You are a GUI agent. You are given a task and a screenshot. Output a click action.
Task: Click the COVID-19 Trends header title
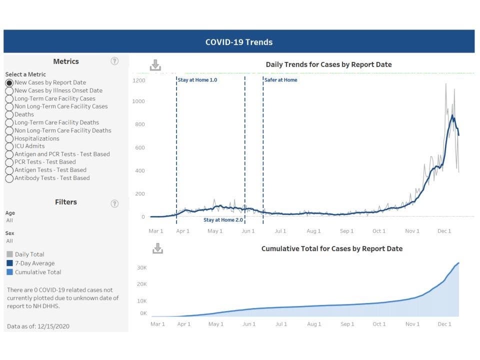coord(239,42)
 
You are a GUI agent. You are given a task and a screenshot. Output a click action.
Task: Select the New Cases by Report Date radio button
coord(9,82)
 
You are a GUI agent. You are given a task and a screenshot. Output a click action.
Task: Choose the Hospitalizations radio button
coord(9,138)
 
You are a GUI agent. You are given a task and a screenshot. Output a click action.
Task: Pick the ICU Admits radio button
coord(9,146)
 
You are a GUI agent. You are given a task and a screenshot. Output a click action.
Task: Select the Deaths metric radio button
coord(9,114)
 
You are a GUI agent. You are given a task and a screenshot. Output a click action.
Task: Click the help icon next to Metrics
coord(114,61)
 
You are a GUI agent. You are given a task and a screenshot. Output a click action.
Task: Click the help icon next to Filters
coord(114,203)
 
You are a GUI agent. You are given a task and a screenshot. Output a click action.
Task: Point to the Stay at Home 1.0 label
coord(197,80)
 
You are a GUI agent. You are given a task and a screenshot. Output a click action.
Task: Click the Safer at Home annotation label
coord(280,80)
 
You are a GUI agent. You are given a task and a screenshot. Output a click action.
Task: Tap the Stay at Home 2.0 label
coord(223,220)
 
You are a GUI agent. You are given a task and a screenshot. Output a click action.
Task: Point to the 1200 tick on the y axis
coord(138,80)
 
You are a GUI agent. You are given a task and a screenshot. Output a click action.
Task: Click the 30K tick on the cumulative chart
coord(142,268)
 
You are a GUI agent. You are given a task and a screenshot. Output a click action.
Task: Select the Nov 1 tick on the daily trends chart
coord(412,231)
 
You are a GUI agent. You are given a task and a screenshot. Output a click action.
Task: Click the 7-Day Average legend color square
coord(10,263)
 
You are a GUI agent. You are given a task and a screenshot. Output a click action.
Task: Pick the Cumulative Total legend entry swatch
coord(10,272)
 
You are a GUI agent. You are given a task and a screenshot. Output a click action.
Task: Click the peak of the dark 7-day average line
coord(452,115)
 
